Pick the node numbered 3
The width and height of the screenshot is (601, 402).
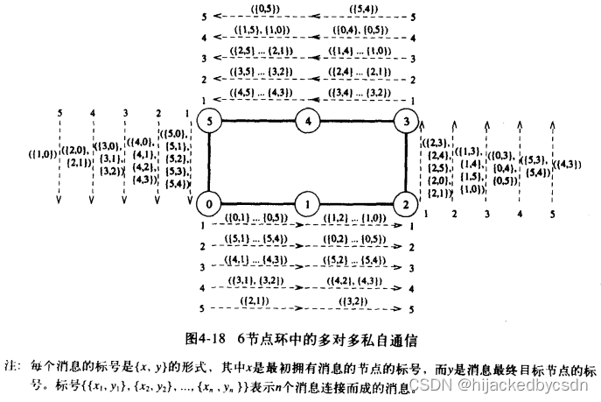pyautogui.click(x=403, y=120)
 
